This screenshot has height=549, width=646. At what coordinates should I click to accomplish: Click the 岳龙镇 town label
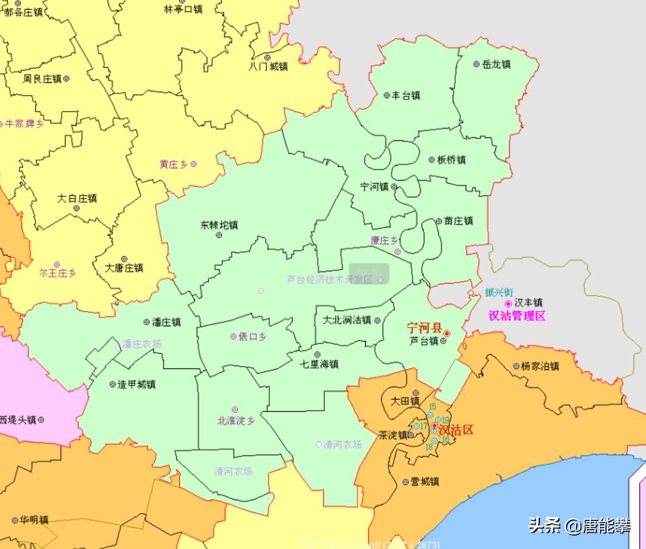(x=496, y=64)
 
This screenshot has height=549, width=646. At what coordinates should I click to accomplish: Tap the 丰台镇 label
(x=405, y=95)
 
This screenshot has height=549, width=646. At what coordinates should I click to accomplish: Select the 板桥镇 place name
(x=451, y=160)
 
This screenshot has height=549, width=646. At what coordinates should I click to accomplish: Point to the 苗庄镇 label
(x=458, y=221)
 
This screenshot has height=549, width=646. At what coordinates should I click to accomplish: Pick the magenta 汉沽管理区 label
(x=517, y=316)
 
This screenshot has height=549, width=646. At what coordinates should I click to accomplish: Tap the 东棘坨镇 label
(x=219, y=225)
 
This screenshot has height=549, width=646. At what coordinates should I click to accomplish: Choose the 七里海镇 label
(x=319, y=364)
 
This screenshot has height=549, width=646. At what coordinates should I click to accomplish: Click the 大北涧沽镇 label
(x=347, y=320)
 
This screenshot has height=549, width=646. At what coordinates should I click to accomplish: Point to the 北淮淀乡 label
(x=235, y=420)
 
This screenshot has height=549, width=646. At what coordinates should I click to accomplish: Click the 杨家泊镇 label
(x=540, y=366)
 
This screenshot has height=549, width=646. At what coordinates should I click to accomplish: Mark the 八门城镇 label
(x=268, y=66)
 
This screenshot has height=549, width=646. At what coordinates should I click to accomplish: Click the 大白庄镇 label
(x=77, y=198)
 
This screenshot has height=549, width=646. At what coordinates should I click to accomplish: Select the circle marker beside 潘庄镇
(x=146, y=322)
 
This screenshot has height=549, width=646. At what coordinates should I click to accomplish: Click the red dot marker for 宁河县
(x=447, y=333)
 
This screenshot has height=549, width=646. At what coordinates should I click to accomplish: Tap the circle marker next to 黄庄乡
(x=194, y=163)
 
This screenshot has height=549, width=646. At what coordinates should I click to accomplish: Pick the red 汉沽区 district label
(x=455, y=430)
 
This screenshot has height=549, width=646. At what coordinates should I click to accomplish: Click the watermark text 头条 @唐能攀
(x=579, y=526)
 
